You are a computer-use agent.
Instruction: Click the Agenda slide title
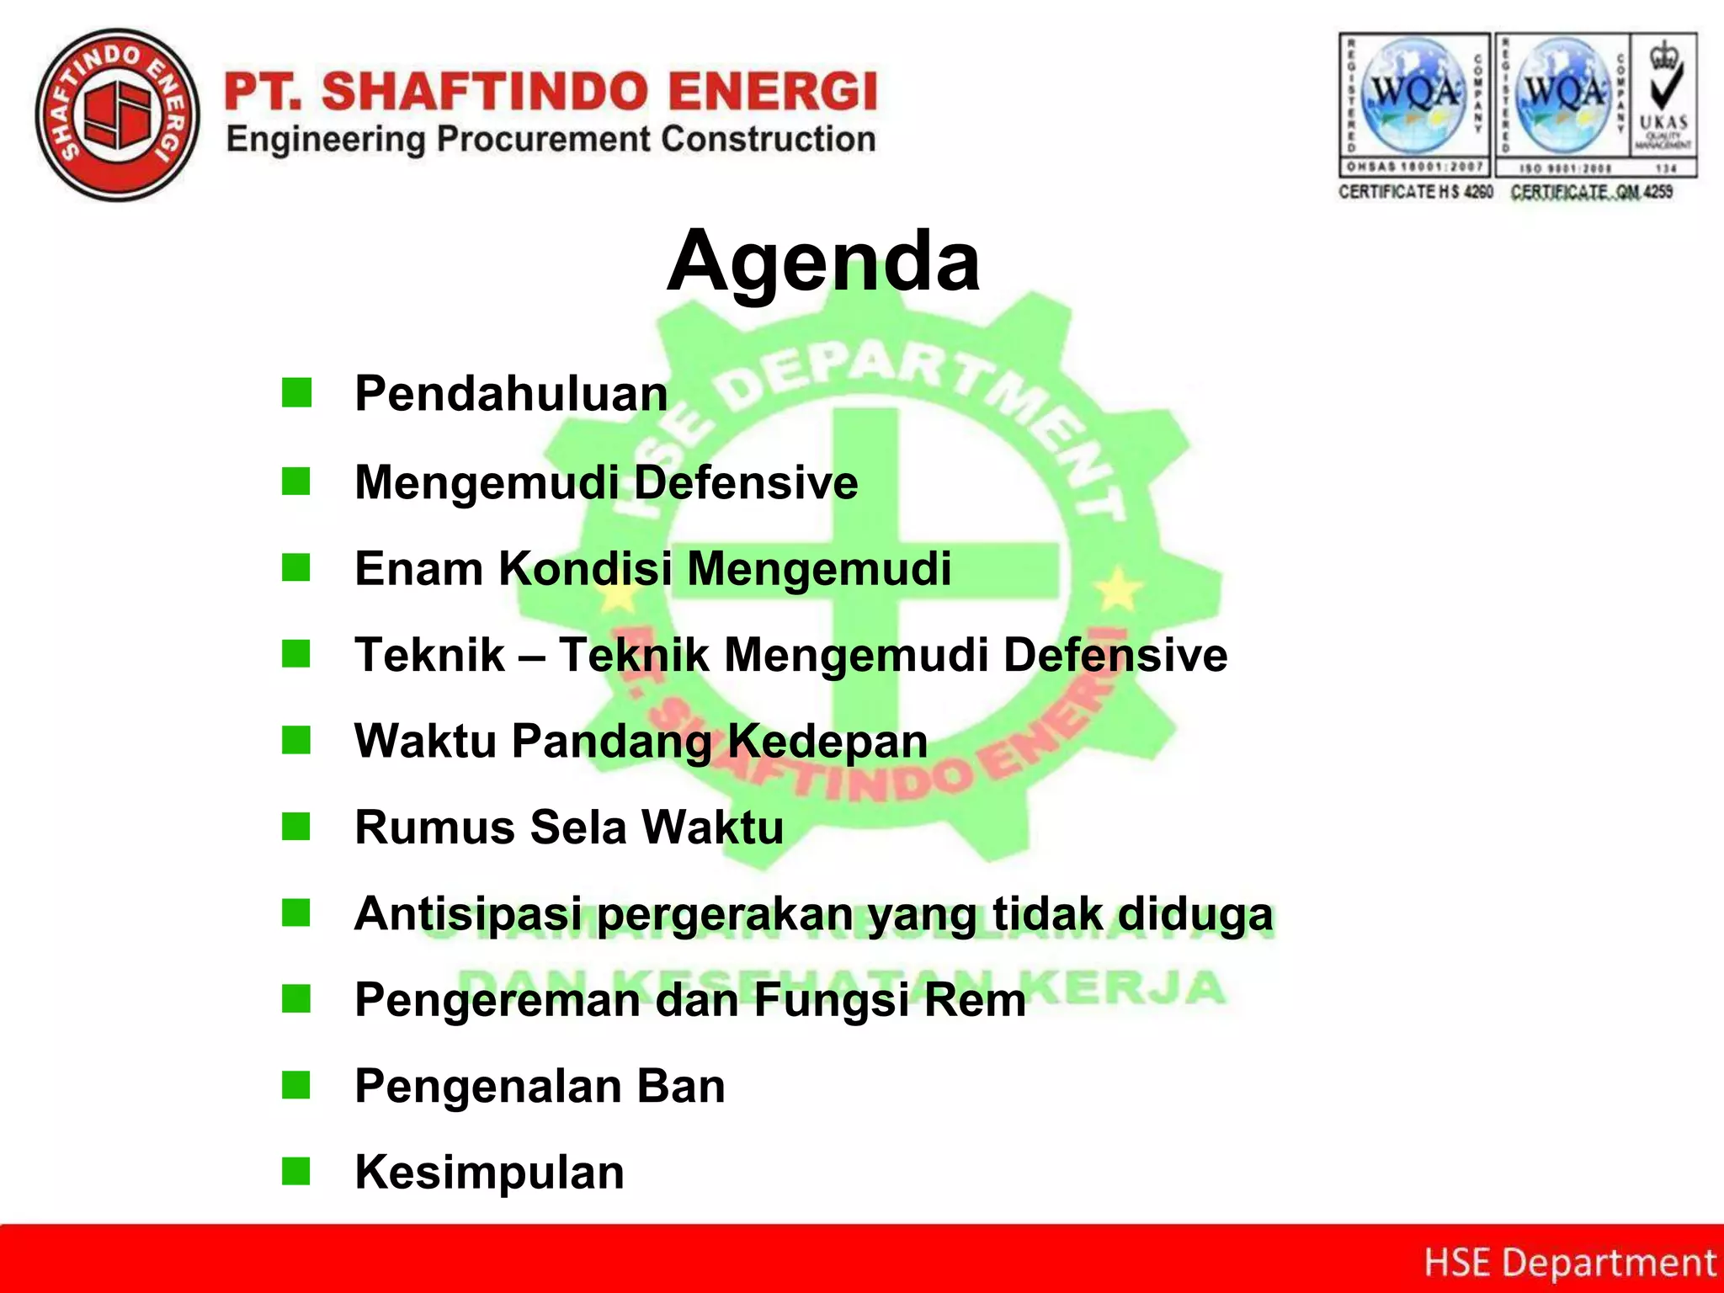[x=822, y=263]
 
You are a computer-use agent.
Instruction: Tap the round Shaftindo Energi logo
[x=118, y=116]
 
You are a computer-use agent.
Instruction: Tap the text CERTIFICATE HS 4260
[x=1415, y=192]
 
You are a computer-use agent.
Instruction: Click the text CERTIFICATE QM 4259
[x=1591, y=192]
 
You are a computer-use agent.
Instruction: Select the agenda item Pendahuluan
[x=511, y=394]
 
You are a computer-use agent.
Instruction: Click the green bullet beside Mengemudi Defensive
[x=296, y=482]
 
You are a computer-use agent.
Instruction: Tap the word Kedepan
[x=827, y=742]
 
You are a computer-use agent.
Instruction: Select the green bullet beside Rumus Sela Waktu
[x=296, y=827]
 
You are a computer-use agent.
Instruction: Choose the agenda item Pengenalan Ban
[x=540, y=1087]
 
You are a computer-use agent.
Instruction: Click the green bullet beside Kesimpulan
[x=296, y=1171]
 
